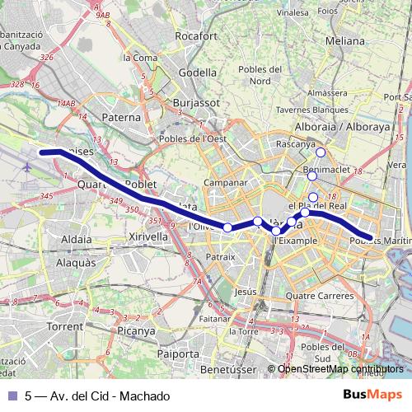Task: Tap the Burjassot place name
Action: (x=194, y=103)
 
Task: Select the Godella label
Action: (x=198, y=72)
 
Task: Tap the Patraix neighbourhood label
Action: (x=221, y=257)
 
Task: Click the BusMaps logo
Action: (x=372, y=396)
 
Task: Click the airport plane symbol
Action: (x=29, y=167)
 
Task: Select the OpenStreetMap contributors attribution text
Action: (x=341, y=369)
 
